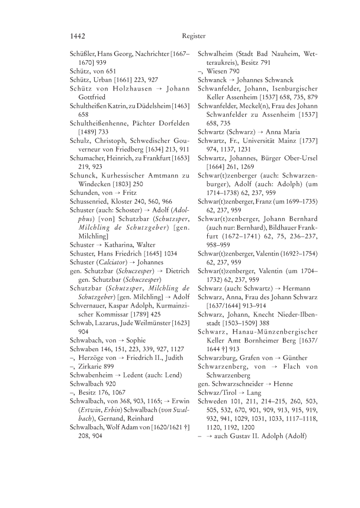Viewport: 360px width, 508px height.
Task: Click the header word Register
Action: click(193, 36)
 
